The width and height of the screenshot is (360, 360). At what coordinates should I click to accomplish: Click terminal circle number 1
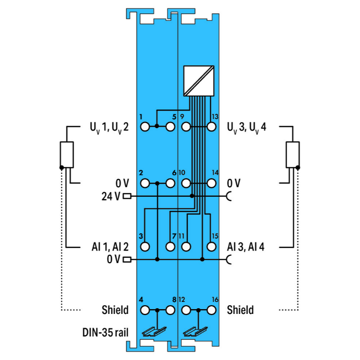(x=145, y=127)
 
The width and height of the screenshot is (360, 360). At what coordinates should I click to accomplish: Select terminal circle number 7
(x=169, y=247)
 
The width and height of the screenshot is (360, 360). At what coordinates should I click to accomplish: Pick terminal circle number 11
(x=186, y=247)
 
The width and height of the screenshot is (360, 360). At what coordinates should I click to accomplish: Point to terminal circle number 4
(x=145, y=310)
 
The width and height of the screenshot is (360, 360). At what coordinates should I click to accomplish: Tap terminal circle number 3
(x=145, y=247)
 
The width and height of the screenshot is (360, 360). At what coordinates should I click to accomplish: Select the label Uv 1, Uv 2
(x=109, y=128)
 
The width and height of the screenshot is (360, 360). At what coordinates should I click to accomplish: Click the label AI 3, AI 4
(x=245, y=247)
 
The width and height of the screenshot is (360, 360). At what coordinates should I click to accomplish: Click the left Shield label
(x=115, y=310)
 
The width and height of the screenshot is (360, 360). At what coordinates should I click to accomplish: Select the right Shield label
(x=240, y=310)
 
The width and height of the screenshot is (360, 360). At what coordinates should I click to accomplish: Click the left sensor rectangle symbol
(x=67, y=155)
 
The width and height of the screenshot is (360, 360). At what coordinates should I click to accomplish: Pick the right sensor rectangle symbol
(x=292, y=155)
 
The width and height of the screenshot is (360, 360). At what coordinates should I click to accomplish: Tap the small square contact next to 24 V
(x=127, y=196)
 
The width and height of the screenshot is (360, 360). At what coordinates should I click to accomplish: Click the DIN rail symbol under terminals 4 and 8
(x=155, y=331)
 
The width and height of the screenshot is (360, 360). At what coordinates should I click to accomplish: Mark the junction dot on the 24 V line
(x=192, y=196)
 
